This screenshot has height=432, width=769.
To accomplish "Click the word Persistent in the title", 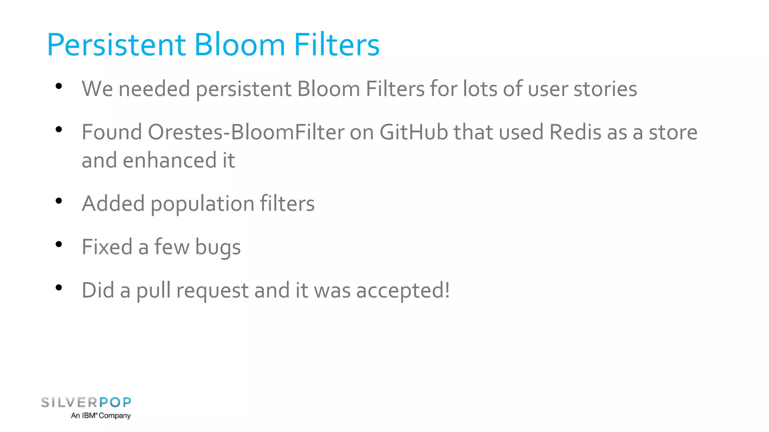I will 116,45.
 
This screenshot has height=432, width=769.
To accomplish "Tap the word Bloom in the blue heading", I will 239,45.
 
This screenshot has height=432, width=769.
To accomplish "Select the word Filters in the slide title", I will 336,45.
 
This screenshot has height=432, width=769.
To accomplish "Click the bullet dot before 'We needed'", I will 59,87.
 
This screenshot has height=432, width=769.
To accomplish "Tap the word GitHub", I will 413,132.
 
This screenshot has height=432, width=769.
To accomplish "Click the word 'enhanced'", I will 169,160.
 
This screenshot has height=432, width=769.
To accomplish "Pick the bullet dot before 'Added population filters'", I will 59,201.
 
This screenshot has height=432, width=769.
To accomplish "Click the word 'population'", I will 202,204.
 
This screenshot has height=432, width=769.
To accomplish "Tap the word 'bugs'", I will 218,248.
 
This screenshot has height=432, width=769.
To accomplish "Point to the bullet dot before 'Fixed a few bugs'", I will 59,245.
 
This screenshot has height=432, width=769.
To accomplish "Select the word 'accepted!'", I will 403,291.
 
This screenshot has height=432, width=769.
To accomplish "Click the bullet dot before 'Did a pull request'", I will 59,288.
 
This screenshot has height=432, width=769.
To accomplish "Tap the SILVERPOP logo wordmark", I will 86,402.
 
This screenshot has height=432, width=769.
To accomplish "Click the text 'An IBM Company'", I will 101,415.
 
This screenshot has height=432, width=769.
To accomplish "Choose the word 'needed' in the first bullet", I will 154,89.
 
